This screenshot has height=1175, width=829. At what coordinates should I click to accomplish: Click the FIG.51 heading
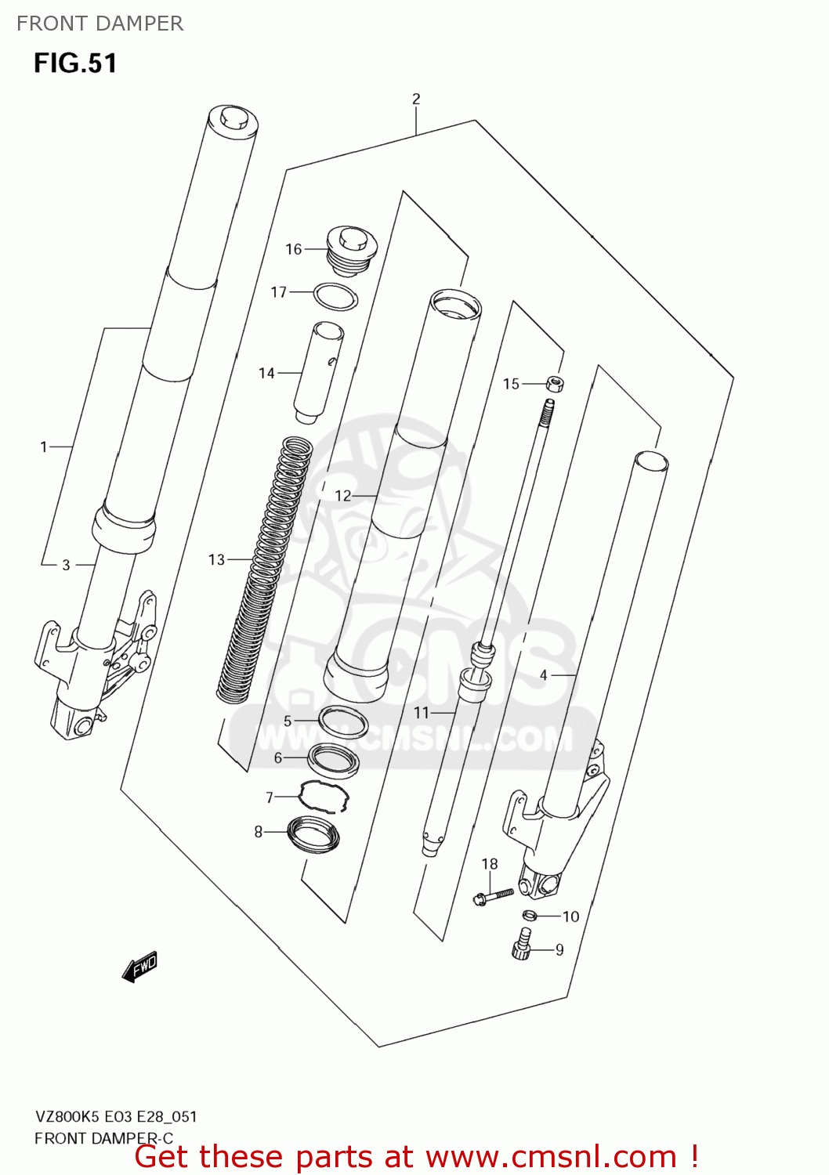pyautogui.click(x=75, y=63)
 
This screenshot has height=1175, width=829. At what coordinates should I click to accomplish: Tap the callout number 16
pyautogui.click(x=293, y=249)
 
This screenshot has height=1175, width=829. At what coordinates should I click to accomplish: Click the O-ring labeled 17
pyautogui.click(x=335, y=297)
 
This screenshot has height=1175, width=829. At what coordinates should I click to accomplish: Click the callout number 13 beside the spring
pyautogui.click(x=216, y=559)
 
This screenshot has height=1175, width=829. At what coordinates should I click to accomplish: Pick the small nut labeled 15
pyautogui.click(x=556, y=384)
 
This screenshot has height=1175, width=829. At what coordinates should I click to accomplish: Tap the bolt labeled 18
pyautogui.click(x=492, y=896)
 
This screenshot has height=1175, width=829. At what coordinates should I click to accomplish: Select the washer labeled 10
pyautogui.click(x=530, y=916)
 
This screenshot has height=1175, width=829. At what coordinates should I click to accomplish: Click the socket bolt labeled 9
pyautogui.click(x=522, y=945)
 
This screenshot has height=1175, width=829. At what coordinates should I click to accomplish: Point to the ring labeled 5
pyautogui.click(x=343, y=721)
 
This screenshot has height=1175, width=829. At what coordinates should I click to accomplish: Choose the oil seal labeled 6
pyautogui.click(x=334, y=760)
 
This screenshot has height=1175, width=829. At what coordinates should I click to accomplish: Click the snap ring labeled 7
pyautogui.click(x=324, y=797)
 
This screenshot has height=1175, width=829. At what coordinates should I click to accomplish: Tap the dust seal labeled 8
pyautogui.click(x=313, y=833)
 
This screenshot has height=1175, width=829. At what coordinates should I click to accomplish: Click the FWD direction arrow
pyautogui.click(x=140, y=967)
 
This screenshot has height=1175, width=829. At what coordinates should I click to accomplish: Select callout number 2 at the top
pyautogui.click(x=416, y=99)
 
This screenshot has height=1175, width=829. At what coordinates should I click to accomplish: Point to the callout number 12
pyautogui.click(x=342, y=496)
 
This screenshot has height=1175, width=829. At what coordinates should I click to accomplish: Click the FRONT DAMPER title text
pyautogui.click(x=100, y=23)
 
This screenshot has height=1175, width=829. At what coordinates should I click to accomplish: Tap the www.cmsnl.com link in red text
pyautogui.click(x=551, y=1156)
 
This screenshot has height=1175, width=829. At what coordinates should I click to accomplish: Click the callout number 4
pyautogui.click(x=543, y=674)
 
